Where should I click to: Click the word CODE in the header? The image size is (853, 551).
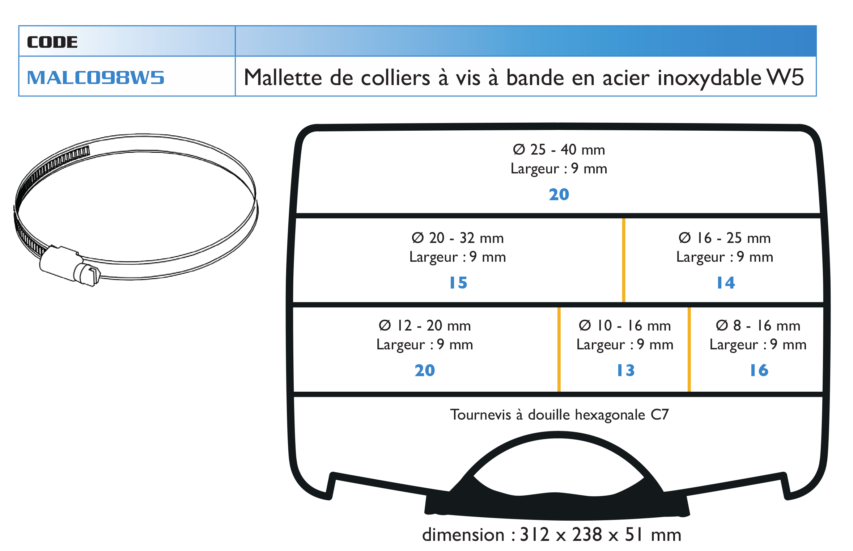coord(52,42)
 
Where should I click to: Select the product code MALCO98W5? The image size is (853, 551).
coord(96,78)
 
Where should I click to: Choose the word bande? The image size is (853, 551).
coord(535,78)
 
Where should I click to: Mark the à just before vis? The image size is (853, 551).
coord(444,78)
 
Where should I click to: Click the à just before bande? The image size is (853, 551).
coord(493,78)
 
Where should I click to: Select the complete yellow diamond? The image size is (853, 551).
coord(618,260)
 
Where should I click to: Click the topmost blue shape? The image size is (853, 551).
coord(561,193)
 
